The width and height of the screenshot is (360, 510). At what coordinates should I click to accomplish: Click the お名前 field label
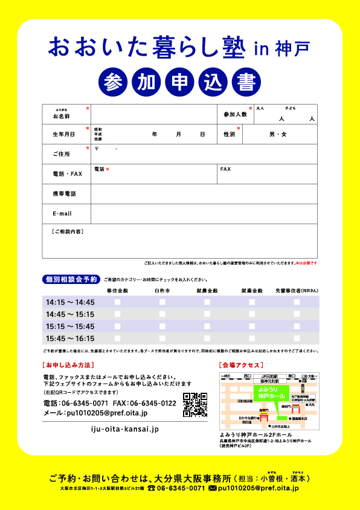point(61,115)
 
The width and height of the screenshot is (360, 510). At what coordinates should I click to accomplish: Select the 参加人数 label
point(235,114)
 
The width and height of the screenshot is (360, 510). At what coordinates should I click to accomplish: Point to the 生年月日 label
point(63,134)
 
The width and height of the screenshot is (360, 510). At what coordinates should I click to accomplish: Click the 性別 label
point(229,134)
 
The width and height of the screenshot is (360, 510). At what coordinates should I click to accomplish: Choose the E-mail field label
point(62,214)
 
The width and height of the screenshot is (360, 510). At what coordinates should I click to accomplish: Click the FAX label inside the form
point(225,170)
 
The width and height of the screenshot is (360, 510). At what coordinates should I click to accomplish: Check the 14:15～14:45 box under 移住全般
point(118,302)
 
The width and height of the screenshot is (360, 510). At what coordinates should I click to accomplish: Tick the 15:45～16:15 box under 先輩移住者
point(297,338)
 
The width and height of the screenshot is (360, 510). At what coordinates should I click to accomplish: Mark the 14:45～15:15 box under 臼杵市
point(162,314)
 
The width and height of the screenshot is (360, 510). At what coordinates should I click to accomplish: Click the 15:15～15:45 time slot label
point(70,326)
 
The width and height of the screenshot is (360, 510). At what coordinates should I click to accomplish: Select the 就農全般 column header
point(207,291)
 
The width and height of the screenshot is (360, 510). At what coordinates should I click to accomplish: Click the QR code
point(195,405)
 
